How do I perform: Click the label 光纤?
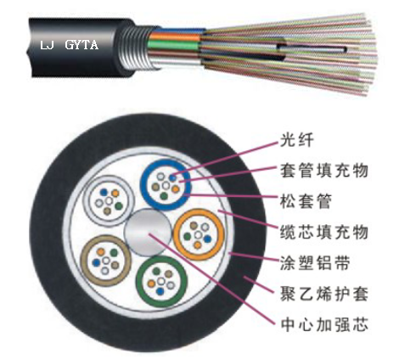pyautogui.click(x=296, y=140)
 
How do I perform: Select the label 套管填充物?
pyautogui.click(x=324, y=171)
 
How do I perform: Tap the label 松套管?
pyautogui.click(x=306, y=201)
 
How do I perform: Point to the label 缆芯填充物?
pyautogui.click(x=324, y=232)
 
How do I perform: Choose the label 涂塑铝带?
pyautogui.click(x=315, y=263)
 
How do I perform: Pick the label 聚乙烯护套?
pyautogui.click(x=324, y=294)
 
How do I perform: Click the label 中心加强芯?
pyautogui.click(x=324, y=324)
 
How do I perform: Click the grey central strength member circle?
pyautogui.click(x=148, y=233)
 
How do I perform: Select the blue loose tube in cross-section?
pyautogui.click(x=143, y=185)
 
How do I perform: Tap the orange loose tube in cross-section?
pyautogui.click(x=176, y=234)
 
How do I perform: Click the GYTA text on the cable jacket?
pyautogui.click(x=81, y=45)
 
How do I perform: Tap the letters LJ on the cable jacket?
pyautogui.click(x=47, y=45)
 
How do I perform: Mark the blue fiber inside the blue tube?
pyautogui.click(x=172, y=178)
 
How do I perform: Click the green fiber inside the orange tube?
pyautogui.click(x=187, y=237)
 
